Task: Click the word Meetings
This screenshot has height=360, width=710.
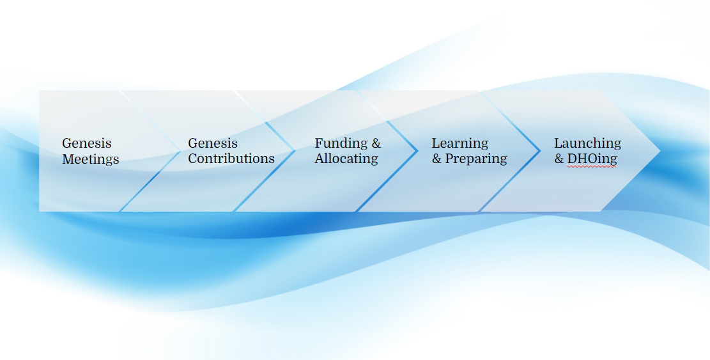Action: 91,159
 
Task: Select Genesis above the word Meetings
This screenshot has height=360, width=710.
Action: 86,143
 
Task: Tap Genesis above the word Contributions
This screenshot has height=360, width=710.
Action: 213,143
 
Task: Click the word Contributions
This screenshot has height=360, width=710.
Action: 231,159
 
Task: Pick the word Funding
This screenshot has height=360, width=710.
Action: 341,143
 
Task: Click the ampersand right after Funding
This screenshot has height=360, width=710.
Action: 376,143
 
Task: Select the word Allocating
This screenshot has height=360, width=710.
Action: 346,159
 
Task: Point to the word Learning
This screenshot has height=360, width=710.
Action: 460,143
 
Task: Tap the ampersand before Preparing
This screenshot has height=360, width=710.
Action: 436,159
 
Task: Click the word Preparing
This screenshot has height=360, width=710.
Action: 476,159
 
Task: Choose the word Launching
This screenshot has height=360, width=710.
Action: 588,143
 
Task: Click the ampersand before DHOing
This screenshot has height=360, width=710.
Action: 559,159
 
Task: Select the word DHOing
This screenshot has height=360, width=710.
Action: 592,159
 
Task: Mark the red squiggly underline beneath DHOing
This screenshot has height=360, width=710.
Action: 592,167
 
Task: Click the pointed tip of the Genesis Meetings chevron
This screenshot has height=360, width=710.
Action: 181,151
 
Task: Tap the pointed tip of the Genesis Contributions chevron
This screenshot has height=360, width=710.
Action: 295,151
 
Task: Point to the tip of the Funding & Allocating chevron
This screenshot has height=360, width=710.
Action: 417,151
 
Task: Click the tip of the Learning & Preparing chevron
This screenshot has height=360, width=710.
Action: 540,151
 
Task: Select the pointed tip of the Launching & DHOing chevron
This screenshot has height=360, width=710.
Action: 660,151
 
